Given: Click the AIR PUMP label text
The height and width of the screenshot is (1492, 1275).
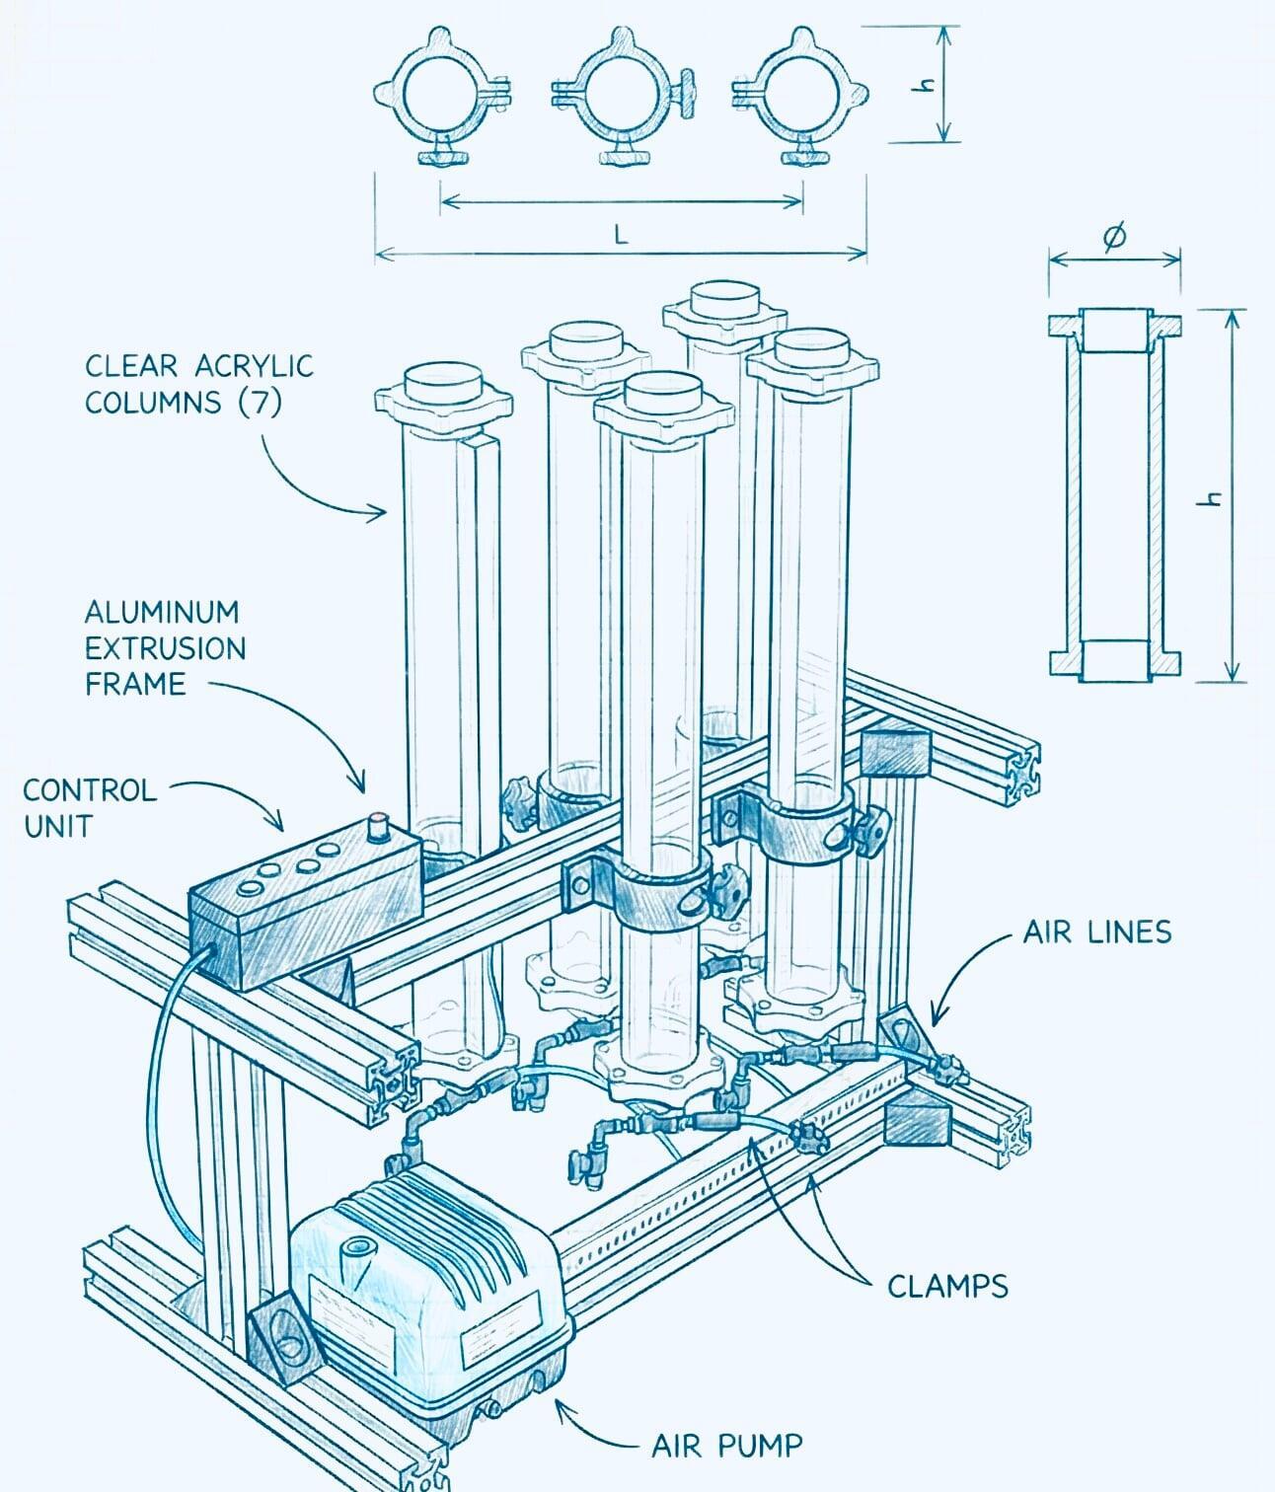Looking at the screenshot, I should [726, 1447].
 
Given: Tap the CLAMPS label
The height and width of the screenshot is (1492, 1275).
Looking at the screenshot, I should [947, 1286].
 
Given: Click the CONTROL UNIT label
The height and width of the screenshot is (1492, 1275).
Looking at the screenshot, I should [89, 807].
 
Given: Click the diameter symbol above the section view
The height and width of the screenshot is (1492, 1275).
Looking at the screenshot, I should [1113, 238].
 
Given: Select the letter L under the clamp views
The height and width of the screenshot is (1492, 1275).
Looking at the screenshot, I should [621, 234].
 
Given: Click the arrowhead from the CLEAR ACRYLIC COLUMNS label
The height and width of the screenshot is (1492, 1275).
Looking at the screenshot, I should [382, 511].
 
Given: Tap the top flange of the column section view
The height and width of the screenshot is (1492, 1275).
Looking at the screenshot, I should [1114, 326].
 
